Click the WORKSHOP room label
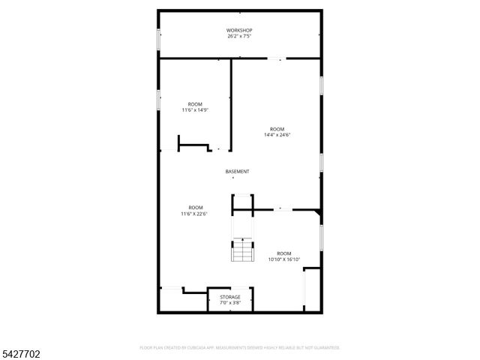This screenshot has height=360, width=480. (239, 30)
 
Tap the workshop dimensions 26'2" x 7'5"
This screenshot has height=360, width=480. (239, 36)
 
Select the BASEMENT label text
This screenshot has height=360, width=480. (237, 172)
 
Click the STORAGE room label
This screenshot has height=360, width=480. (230, 297)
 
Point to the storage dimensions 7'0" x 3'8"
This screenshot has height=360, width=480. (230, 303)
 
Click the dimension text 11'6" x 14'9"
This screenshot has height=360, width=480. (194, 110)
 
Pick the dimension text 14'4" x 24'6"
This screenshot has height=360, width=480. (277, 135)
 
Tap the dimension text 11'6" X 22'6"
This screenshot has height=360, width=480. (194, 214)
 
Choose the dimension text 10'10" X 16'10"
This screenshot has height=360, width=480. (283, 259)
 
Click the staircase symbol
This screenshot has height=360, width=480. (241, 250)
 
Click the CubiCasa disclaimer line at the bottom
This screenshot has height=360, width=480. (240, 348)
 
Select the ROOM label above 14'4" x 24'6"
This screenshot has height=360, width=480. (277, 128)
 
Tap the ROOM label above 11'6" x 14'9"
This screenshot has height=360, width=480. (194, 103)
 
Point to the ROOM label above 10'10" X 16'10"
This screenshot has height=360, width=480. (283, 253)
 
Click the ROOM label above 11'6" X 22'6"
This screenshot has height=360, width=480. (195, 207)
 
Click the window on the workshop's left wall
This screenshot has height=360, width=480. (157, 40)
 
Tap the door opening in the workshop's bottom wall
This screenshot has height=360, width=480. (277, 58)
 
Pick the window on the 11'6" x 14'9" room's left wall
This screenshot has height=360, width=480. (157, 99)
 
